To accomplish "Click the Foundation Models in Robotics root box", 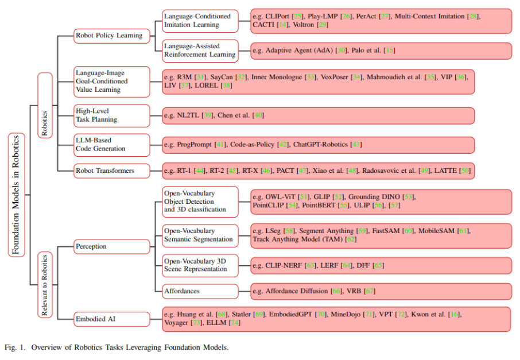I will tap(16, 195).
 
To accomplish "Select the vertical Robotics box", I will tap(45, 104).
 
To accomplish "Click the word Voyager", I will tap(176, 323).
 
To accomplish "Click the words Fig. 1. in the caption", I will tap(14, 347).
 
